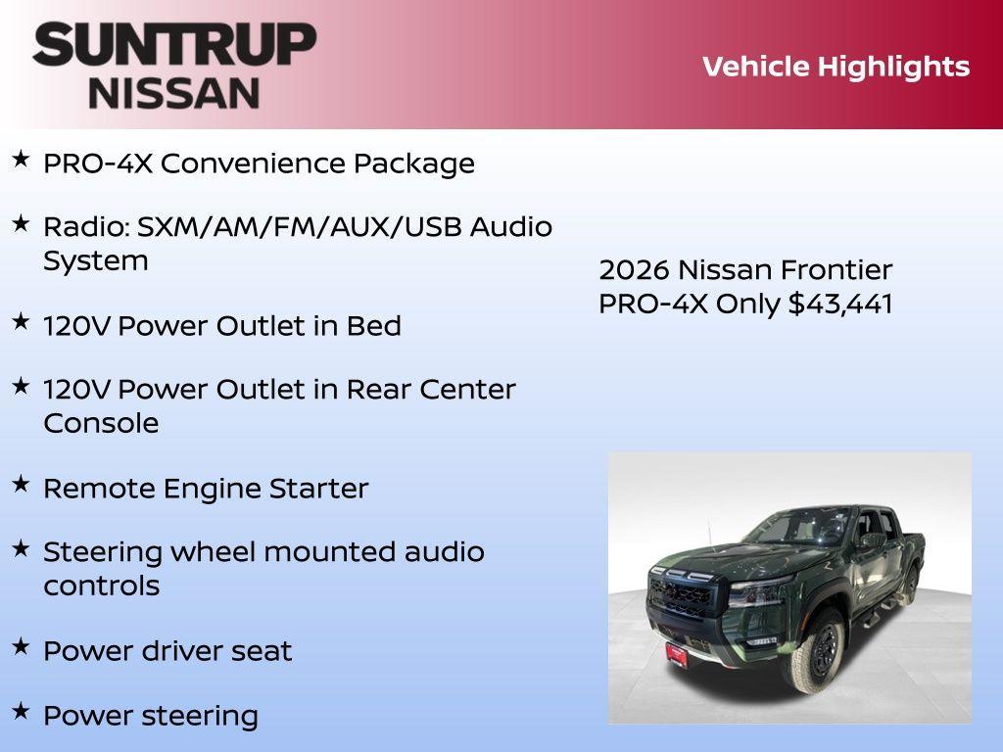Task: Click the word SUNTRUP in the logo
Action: [174, 45]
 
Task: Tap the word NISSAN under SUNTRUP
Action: [174, 92]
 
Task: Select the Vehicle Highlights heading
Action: [836, 67]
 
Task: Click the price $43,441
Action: [840, 304]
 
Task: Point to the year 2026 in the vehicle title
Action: [635, 269]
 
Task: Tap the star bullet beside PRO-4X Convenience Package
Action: [21, 159]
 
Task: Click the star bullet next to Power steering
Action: [21, 711]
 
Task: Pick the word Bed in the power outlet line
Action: [374, 326]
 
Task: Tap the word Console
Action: [101, 424]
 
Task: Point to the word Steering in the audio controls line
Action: [103, 552]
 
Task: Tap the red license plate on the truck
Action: [676, 654]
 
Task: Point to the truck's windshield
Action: [798, 529]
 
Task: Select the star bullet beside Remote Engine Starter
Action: [21, 484]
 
